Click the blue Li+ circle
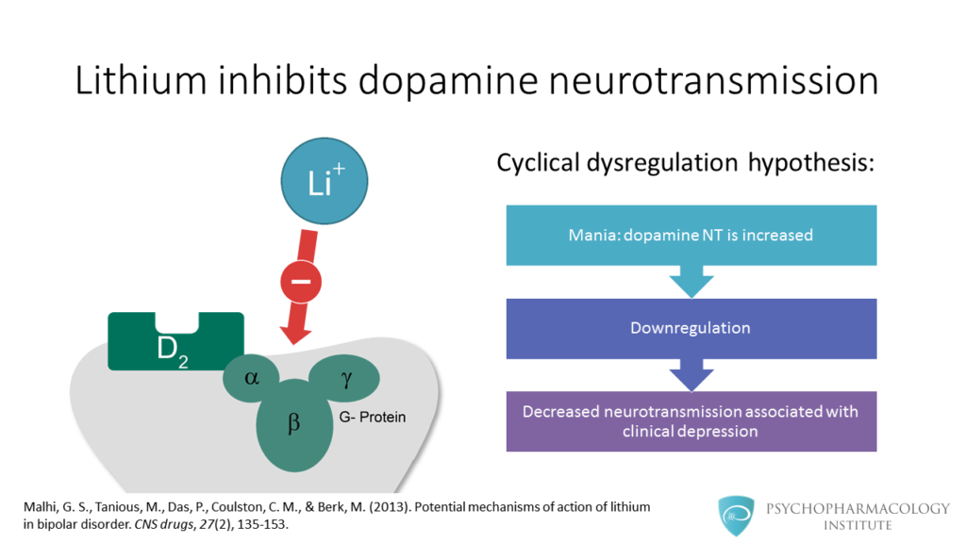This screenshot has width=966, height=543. pos(325,181)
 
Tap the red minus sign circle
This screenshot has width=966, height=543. pos(301,282)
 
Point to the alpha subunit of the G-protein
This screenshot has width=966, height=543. pos(251,378)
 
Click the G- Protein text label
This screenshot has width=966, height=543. pos(372,417)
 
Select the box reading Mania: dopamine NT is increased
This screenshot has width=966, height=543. pos(691,235)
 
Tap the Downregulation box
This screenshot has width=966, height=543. pos(691,329)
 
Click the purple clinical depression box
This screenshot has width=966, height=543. pos(691,421)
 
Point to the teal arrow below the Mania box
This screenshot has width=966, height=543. pos(691,281)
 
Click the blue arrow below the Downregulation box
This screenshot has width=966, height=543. pos(691,375)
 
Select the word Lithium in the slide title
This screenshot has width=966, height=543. pos(142,80)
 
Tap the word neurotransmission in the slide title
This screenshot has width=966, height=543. pos(713,80)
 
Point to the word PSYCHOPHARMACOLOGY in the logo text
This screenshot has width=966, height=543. pos(858,508)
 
